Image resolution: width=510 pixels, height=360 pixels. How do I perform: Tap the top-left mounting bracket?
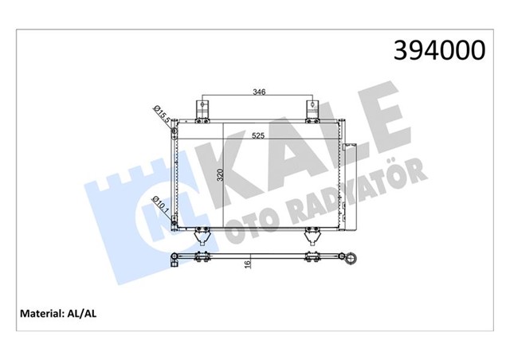pos(202,109)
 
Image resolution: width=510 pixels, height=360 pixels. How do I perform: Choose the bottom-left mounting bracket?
pos(201,237)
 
